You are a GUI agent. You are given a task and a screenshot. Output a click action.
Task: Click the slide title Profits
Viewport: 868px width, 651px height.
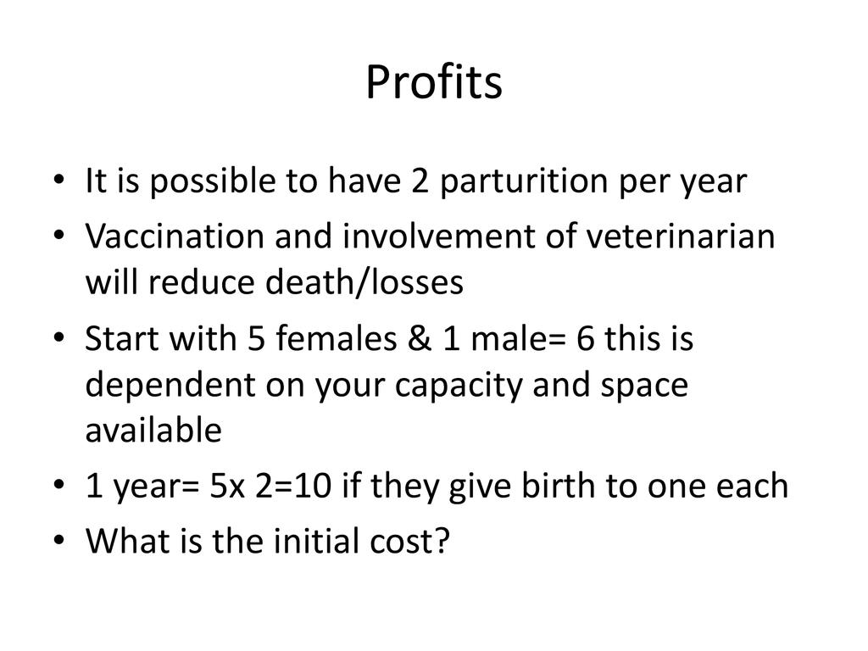[434, 82]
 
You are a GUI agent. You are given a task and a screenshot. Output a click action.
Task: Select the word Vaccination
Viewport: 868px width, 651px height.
[175, 236]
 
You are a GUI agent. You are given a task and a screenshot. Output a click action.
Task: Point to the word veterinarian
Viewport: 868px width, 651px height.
[681, 236]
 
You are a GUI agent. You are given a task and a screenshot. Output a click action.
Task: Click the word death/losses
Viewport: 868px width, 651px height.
[364, 281]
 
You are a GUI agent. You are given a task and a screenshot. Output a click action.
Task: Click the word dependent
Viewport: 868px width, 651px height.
[170, 386]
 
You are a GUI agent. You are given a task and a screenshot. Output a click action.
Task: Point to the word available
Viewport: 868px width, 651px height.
[153, 430]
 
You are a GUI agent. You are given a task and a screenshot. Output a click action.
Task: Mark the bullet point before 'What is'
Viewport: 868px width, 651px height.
[59, 540]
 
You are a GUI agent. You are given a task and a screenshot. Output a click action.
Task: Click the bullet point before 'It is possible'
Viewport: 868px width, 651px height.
[59, 180]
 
